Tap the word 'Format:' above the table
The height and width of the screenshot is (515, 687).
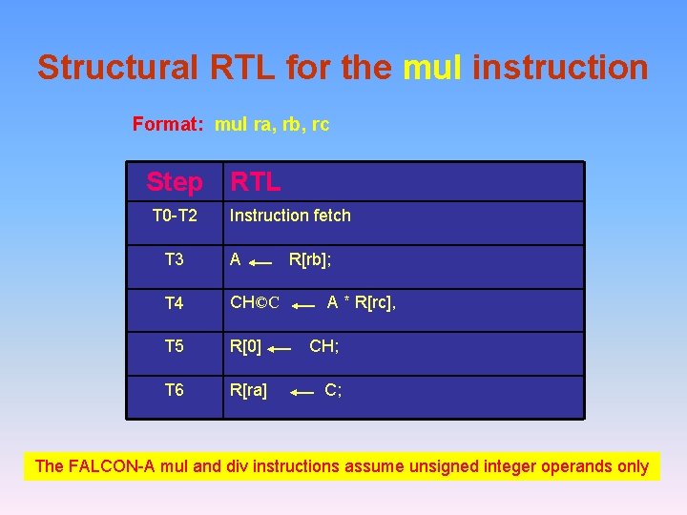pos(170,124)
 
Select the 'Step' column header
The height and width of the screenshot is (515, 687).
pos(174,181)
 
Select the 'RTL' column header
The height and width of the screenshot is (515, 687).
pos(255,181)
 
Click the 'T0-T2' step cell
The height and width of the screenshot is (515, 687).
pos(175,216)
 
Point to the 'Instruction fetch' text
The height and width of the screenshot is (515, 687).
pos(290,216)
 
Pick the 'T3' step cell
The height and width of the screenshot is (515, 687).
pos(175,259)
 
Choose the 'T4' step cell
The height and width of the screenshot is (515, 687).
pos(175,303)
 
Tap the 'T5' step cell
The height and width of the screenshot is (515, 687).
pos(175,346)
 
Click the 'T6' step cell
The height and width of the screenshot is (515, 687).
pos(175,390)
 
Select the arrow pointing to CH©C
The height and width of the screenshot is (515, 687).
pos(303,306)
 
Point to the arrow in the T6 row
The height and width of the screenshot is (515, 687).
pos(303,392)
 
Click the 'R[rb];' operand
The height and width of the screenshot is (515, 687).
pos(310,258)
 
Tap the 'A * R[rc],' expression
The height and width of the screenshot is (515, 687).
pos(361,302)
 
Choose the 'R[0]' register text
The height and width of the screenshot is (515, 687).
pos(245,346)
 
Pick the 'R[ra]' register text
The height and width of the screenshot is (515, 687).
pos(248,390)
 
